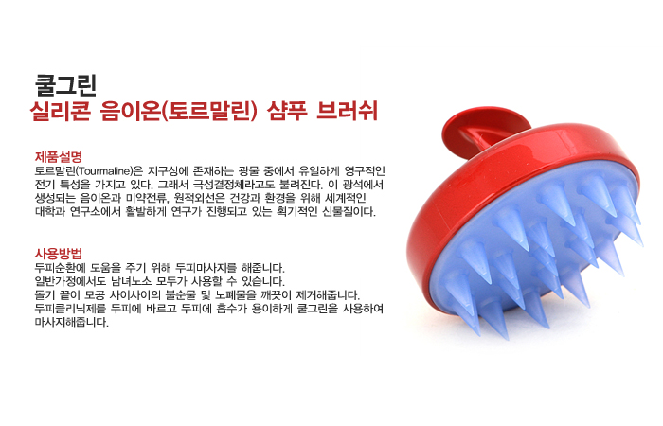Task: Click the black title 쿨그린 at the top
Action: tap(66, 85)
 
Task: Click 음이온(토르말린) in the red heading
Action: tap(179, 112)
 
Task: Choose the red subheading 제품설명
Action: tap(59, 157)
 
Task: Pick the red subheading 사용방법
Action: tap(59, 254)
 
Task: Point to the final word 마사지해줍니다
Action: tap(71, 322)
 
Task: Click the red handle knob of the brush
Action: tap(485, 128)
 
